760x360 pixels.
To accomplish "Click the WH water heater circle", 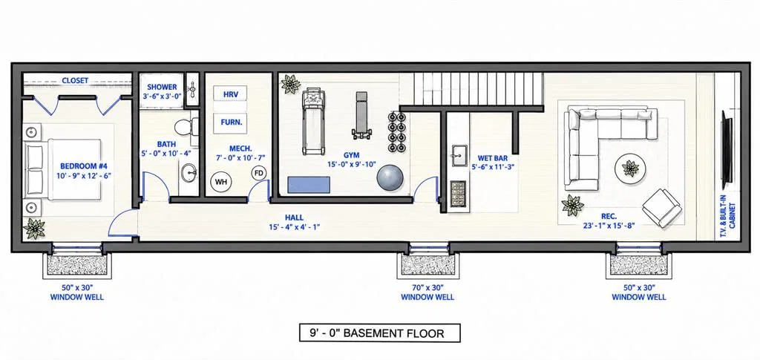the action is pyautogui.click(x=221, y=182).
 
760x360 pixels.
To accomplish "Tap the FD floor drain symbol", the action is pyautogui.click(x=259, y=172).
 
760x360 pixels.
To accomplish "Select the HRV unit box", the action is pyautogui.click(x=230, y=94).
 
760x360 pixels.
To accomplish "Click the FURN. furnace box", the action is pyautogui.click(x=230, y=122).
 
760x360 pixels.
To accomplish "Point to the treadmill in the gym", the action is pyautogui.click(x=314, y=122).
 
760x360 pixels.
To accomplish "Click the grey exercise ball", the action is pyautogui.click(x=390, y=177).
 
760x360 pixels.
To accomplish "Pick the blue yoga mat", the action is pyautogui.click(x=309, y=185).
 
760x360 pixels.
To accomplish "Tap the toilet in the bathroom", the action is pyautogui.click(x=186, y=128).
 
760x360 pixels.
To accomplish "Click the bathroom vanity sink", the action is pyautogui.click(x=189, y=172).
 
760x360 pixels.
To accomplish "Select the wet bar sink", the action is pyautogui.click(x=457, y=155).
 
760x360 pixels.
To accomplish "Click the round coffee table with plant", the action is pyautogui.click(x=630, y=168).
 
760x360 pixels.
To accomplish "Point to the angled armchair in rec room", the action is pyautogui.click(x=661, y=207).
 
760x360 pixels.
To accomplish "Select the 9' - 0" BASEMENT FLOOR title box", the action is pyautogui.click(x=379, y=333).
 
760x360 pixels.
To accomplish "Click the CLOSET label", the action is pyautogui.click(x=75, y=80).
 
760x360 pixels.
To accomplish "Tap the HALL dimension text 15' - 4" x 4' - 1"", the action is pyautogui.click(x=294, y=226).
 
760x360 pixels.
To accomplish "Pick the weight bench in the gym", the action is pyautogui.click(x=361, y=115).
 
